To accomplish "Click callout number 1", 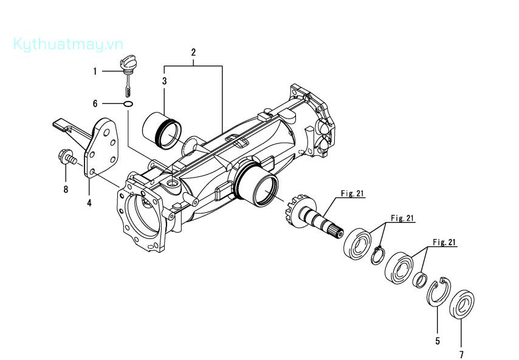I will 95,72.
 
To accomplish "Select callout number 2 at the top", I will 193,52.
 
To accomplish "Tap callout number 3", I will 164,80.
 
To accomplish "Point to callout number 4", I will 89,203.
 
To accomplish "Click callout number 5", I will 437,341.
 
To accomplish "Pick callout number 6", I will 95,104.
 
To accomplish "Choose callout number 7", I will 461,354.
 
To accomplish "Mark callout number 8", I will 66,189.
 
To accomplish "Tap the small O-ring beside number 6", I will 128,104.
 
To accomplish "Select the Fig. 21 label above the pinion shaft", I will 352,194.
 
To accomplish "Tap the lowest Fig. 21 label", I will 444,242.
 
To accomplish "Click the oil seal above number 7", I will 464,305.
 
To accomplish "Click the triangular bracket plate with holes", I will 100,149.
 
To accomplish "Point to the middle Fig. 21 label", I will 402,218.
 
